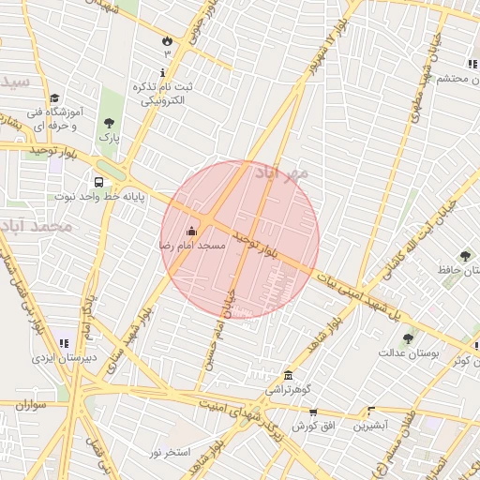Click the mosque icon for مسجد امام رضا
click(192, 231)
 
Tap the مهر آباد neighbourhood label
click(280, 174)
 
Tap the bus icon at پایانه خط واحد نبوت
click(98, 182)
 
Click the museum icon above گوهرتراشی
click(287, 375)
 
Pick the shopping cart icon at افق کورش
click(312, 412)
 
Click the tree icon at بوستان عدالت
click(407, 338)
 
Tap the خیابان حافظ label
click(457, 271)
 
